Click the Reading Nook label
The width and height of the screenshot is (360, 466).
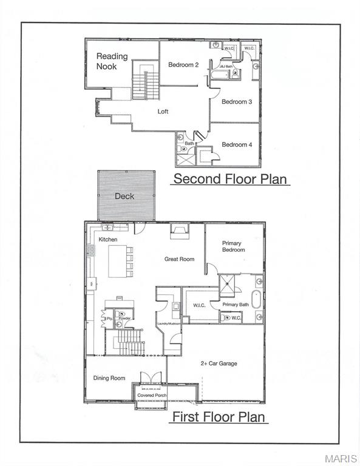(112, 61)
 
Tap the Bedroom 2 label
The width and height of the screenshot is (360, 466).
(183, 65)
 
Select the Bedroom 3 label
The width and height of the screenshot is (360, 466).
(237, 101)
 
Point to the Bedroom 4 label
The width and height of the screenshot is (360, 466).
(237, 144)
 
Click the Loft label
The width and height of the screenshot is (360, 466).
(163, 112)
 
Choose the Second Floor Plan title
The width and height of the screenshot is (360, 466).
(231, 179)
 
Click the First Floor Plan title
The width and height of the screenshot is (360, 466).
(218, 417)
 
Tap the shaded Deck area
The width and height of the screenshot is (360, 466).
(126, 196)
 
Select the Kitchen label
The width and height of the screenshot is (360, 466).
(108, 240)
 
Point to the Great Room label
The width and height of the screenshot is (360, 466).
(179, 259)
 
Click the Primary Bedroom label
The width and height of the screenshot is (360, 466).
(233, 246)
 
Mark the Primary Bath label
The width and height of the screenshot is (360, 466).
(235, 305)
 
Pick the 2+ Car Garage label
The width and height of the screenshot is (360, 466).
(219, 363)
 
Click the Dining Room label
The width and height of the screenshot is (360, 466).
(109, 378)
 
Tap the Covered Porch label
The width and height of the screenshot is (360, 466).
(152, 396)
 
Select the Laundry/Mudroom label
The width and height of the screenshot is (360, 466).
(170, 324)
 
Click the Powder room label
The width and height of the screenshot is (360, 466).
(124, 318)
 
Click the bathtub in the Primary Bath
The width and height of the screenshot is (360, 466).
(257, 300)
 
